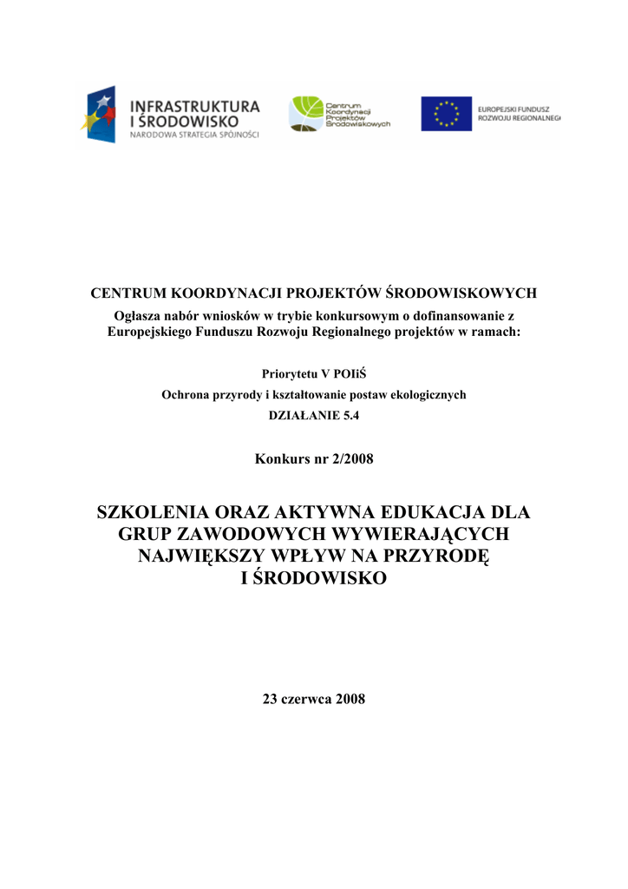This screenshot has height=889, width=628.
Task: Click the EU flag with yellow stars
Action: tap(446, 114)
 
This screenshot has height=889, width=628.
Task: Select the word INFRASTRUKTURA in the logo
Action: tap(194, 106)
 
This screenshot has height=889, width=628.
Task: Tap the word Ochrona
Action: tap(186, 394)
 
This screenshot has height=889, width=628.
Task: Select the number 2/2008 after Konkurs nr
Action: tap(352, 458)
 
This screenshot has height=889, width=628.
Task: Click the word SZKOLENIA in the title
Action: tap(150, 511)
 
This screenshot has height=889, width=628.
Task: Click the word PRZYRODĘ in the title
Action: tap(439, 556)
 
